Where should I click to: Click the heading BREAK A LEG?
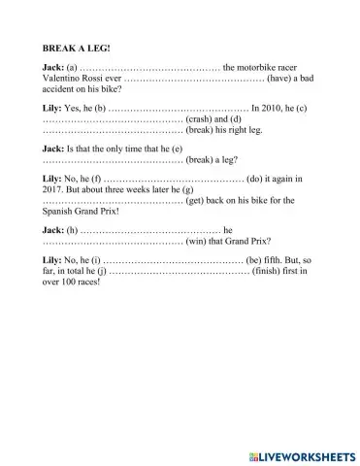74,47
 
